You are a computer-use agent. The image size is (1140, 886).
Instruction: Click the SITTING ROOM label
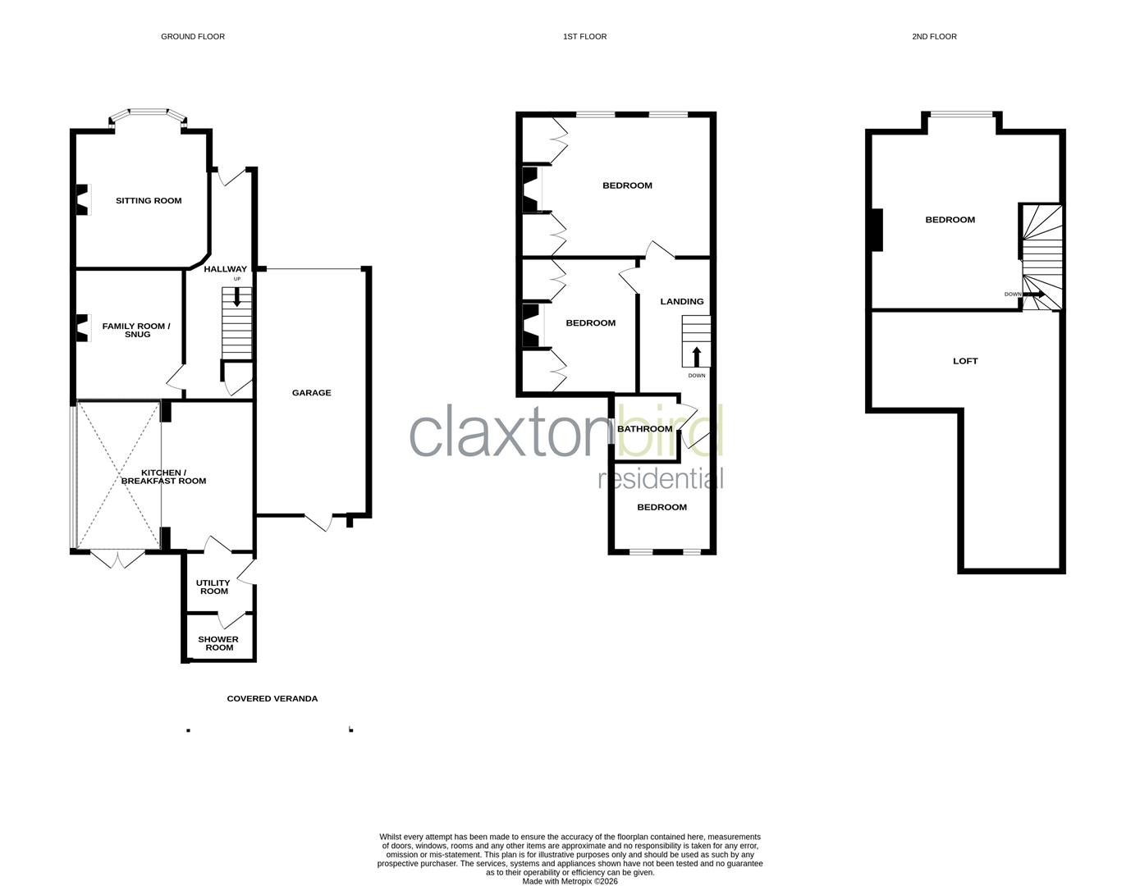[149, 201]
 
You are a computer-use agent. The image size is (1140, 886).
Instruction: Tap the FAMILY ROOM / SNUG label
[136, 330]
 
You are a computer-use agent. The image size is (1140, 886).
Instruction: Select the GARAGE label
[312, 393]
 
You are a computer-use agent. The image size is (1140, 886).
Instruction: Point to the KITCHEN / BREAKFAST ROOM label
[163, 477]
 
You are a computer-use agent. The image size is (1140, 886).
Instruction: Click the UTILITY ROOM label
[213, 587]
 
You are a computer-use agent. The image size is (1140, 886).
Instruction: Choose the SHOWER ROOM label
[218, 643]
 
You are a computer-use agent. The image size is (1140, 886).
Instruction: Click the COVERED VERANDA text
[272, 699]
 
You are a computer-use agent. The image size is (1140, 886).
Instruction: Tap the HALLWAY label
[225, 269]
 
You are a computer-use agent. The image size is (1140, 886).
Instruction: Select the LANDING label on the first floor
[682, 302]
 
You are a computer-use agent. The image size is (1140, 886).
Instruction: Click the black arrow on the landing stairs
[697, 356]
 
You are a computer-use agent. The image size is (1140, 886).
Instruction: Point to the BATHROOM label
[644, 429]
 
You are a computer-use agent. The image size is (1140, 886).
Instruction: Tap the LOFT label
[965, 361]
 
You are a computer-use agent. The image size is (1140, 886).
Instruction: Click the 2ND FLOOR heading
[934, 37]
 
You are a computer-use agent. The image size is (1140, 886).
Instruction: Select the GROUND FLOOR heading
[193, 37]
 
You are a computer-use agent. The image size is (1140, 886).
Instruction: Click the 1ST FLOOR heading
[584, 37]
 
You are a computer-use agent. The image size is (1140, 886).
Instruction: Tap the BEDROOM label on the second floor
[950, 220]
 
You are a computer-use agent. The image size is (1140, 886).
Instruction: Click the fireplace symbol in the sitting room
[81, 200]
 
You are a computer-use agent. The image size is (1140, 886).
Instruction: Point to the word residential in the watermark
[661, 478]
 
